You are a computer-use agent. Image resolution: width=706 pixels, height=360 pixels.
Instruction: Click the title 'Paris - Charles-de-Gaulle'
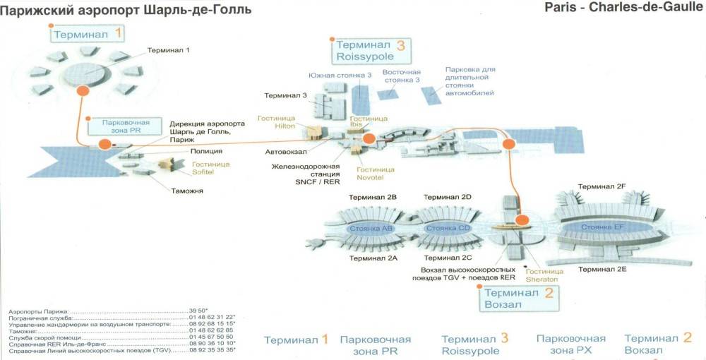625,8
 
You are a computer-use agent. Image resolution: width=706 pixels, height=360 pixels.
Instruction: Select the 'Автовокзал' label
286,151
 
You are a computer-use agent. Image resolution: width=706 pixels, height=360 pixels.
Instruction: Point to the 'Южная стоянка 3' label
340,75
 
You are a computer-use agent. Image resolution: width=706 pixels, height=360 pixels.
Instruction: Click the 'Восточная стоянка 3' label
401,76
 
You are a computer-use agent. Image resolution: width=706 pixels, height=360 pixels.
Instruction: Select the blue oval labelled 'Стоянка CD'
447,229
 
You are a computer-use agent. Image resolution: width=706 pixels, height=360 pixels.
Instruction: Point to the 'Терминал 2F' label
602,186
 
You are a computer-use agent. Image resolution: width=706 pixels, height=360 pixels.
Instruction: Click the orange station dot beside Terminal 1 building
83,90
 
